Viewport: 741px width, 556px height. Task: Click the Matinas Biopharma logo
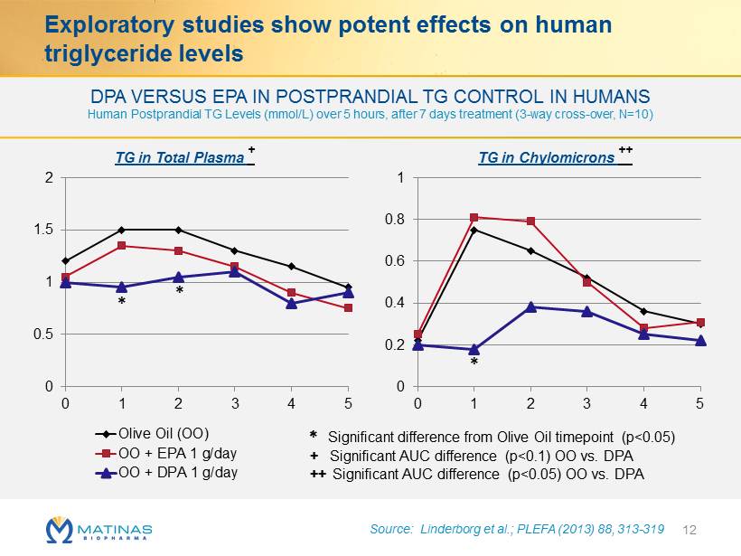(98, 528)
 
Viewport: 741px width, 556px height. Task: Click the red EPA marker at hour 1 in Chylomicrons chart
(474, 217)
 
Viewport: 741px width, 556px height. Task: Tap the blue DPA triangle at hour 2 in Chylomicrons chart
(530, 306)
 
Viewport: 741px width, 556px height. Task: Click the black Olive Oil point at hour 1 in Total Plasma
(121, 230)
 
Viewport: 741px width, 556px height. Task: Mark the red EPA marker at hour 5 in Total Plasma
(348, 308)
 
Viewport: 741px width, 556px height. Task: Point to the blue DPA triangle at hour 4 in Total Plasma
(291, 303)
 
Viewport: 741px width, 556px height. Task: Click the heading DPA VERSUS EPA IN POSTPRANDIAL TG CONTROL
(370, 96)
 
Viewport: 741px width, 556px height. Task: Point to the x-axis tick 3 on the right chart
(587, 401)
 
